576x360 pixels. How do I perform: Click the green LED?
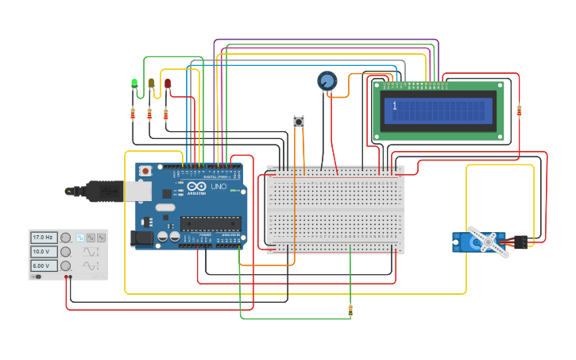click(134, 83)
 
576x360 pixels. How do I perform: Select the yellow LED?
click(151, 83)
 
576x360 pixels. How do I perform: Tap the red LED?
click(168, 83)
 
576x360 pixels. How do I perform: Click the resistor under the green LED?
click(133, 114)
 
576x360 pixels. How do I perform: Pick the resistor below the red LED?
click(165, 114)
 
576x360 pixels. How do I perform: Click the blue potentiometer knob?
click(327, 80)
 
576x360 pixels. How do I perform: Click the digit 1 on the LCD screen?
click(394, 106)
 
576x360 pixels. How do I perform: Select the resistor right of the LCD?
click(519, 110)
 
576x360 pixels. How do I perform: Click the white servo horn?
click(487, 242)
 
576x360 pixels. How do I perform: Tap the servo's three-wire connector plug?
click(520, 242)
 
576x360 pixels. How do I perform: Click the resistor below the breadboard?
click(350, 310)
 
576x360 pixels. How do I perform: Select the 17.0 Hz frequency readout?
click(43, 237)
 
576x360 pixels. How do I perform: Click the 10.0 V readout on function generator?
click(43, 251)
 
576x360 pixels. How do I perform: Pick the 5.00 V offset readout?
click(43, 265)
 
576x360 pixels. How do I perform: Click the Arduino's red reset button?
click(145, 170)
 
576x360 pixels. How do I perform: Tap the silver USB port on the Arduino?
click(137, 192)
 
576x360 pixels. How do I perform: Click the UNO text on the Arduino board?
click(218, 187)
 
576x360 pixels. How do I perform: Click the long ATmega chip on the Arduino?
click(210, 223)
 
